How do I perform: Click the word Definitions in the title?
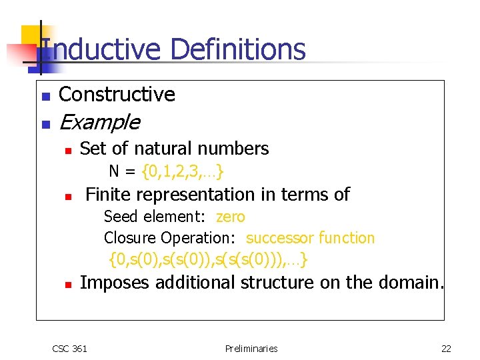(237, 50)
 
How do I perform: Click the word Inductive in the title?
(100, 50)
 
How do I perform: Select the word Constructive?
(117, 95)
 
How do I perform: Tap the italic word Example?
(99, 123)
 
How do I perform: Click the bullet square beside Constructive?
(45, 97)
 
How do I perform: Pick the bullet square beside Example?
(45, 124)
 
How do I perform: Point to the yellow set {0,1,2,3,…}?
(183, 171)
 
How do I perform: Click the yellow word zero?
(231, 217)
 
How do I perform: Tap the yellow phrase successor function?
(310, 238)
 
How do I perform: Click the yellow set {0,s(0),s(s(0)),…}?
(208, 259)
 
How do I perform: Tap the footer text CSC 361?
(69, 348)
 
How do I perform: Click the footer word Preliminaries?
(251, 348)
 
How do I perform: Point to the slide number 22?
(446, 348)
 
